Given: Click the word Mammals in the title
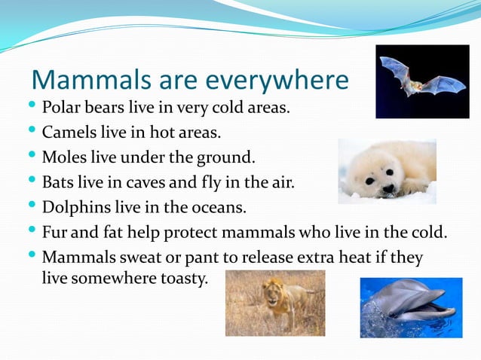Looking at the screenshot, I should (x=81, y=80).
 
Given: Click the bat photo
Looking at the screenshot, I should (x=422, y=81).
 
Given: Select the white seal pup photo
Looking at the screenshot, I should (x=387, y=171).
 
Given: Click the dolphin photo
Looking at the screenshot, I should (x=411, y=307).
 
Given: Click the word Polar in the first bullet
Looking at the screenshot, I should (x=60, y=108).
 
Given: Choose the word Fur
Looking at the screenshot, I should (x=54, y=232).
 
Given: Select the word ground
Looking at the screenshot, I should (x=227, y=157).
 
